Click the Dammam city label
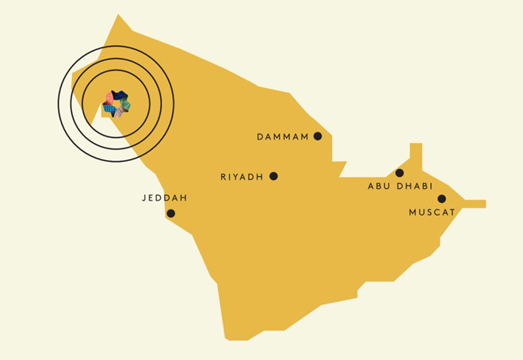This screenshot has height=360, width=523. pyautogui.click(x=282, y=137)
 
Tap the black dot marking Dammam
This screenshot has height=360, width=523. pyautogui.click(x=318, y=136)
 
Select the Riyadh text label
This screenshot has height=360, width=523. pyautogui.click(x=242, y=177)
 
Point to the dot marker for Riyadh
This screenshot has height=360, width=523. pyautogui.click(x=274, y=176)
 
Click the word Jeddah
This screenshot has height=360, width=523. pyautogui.click(x=165, y=197)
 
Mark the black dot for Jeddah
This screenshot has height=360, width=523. pyautogui.click(x=171, y=213)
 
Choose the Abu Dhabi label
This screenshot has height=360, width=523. pyautogui.click(x=399, y=186)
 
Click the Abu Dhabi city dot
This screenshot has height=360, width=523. pyautogui.click(x=399, y=173)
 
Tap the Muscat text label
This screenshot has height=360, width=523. pyautogui.click(x=432, y=213)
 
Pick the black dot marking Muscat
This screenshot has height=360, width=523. pyautogui.click(x=441, y=199)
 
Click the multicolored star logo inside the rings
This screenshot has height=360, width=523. pyautogui.click(x=116, y=104)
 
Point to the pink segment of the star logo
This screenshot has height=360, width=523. pyautogui.click(x=109, y=98)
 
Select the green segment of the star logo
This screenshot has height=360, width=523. pyautogui.click(x=126, y=104)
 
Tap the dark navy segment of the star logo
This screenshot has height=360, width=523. pyautogui.click(x=119, y=95)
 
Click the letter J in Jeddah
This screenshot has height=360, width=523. pyautogui.click(x=144, y=197)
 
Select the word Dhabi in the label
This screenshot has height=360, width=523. pyautogui.click(x=413, y=186)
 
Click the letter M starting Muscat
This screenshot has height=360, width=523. pyautogui.click(x=413, y=213)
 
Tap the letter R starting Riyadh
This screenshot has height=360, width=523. pyautogui.click(x=223, y=177)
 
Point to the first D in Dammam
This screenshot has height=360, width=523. pyautogui.click(x=260, y=137)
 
